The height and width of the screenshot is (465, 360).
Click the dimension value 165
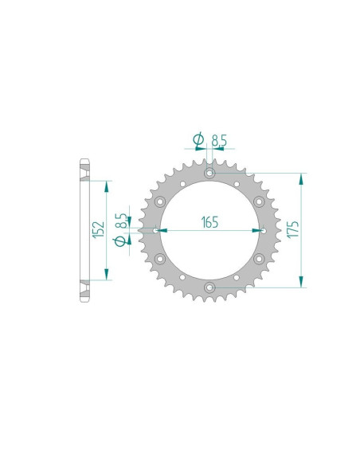209,221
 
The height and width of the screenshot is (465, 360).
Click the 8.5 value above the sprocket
219,142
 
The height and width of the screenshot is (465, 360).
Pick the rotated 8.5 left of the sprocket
119,219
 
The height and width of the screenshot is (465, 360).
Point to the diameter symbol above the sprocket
198,142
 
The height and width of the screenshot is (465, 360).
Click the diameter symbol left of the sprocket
119,242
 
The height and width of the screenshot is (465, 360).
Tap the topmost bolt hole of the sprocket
209,172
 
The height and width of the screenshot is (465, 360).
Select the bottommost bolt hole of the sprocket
209,287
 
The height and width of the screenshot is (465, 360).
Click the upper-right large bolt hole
258,201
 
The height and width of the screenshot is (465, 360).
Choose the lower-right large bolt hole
258,258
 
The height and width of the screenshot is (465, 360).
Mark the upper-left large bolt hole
159,201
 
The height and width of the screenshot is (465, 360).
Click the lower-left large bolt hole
159,258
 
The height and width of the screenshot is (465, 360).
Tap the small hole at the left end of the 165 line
155,230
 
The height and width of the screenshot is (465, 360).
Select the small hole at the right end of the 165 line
263,230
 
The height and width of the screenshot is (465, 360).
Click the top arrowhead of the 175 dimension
301,176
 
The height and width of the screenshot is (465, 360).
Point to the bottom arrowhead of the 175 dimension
301,283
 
